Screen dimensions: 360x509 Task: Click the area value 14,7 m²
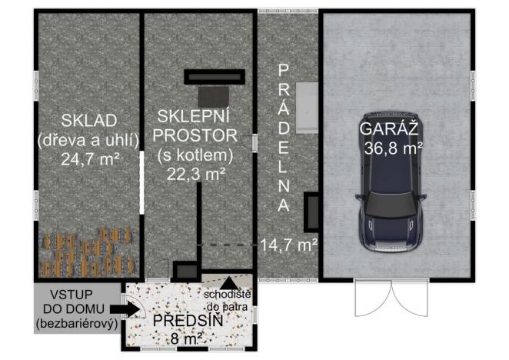[289, 245]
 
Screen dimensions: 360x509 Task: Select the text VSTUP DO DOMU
[77, 302]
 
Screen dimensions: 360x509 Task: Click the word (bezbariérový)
[77, 324]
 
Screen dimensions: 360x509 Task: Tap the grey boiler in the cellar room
[213, 96]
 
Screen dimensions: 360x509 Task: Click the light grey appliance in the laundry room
[309, 105]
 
